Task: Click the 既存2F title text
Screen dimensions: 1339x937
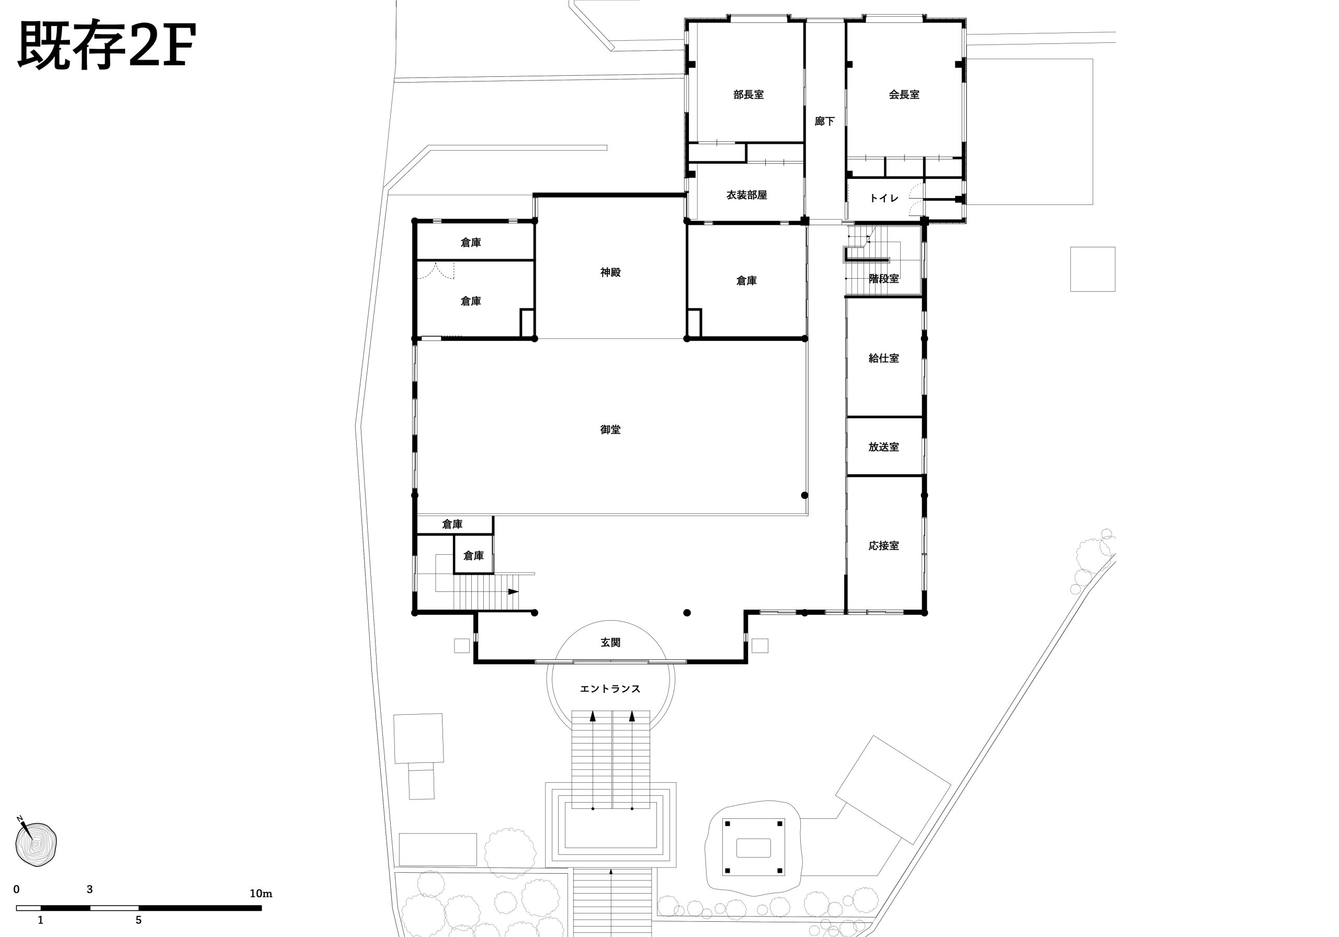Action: tap(107, 45)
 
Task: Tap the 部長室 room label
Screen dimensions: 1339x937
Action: tap(748, 95)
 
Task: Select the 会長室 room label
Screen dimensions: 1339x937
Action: tap(904, 95)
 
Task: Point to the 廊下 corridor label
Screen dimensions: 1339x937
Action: tap(825, 121)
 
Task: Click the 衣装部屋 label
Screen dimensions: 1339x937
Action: tap(746, 195)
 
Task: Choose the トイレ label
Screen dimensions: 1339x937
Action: tap(884, 198)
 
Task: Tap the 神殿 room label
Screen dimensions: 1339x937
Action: tap(610, 272)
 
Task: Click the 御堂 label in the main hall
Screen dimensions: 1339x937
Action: tap(610, 430)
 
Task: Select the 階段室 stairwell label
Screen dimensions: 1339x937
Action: tap(883, 279)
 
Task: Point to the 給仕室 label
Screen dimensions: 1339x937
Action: tap(883, 358)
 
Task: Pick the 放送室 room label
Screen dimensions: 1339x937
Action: tap(883, 447)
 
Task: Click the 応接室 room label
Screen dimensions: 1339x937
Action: tap(883, 546)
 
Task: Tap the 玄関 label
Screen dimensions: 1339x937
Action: tap(610, 643)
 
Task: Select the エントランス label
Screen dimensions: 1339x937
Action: tap(610, 689)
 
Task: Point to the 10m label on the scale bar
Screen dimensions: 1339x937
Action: tap(260, 893)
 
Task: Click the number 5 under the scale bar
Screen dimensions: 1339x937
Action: tap(139, 920)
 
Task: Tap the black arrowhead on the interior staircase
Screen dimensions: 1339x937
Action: tap(513, 592)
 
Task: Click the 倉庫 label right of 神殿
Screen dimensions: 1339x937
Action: tap(746, 281)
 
